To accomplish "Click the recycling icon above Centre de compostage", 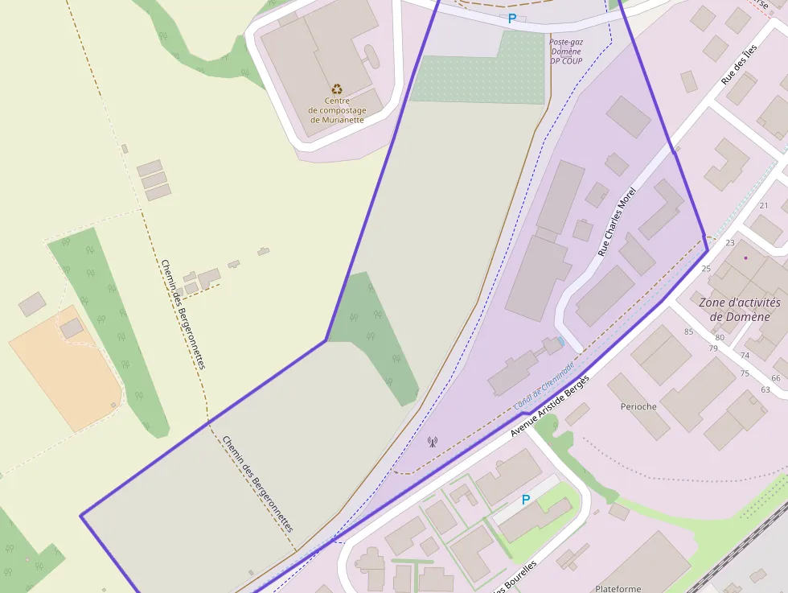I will (x=337, y=89).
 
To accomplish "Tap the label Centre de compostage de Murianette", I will (x=337, y=110).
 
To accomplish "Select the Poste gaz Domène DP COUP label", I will (x=566, y=51).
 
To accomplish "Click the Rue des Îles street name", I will (x=739, y=65).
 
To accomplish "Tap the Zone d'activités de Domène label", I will (x=740, y=309).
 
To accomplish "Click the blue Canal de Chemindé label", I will (x=544, y=388).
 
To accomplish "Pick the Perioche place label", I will (x=638, y=406).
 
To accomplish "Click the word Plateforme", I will (x=618, y=588).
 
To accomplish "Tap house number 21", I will (x=764, y=206).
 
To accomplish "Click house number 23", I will (x=730, y=242).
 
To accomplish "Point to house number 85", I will (x=688, y=332).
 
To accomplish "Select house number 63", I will (x=765, y=389).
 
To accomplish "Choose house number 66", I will (x=776, y=378).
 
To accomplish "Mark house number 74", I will (x=745, y=355).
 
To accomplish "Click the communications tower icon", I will (x=432, y=441).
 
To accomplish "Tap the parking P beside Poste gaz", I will (x=511, y=18).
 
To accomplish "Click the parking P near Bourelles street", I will (x=526, y=500).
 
